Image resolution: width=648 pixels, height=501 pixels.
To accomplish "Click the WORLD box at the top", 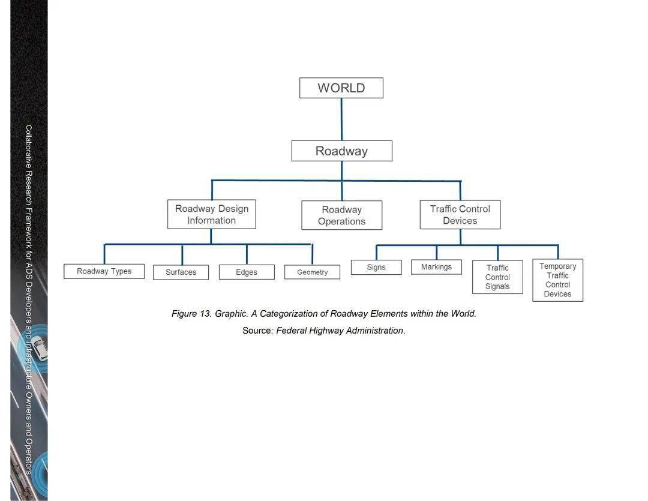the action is (x=341, y=88).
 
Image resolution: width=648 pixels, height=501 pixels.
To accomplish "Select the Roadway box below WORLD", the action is (x=342, y=151).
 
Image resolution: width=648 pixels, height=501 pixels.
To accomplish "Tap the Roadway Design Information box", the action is (x=212, y=214).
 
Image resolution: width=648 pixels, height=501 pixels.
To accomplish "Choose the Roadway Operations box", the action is (x=342, y=215).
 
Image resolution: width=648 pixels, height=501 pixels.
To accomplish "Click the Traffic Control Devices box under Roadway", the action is (x=460, y=215).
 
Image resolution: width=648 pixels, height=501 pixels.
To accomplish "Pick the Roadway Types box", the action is (x=104, y=271).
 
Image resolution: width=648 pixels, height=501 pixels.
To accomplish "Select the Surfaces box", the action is (x=181, y=272).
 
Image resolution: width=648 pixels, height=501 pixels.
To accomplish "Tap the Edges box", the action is (x=247, y=272).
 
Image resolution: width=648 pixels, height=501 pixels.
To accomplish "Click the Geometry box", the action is (x=313, y=272).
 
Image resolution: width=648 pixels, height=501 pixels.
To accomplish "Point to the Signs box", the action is (x=376, y=267).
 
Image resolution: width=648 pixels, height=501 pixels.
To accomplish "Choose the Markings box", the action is (x=436, y=266).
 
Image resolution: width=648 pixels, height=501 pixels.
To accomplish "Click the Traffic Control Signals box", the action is (x=497, y=277).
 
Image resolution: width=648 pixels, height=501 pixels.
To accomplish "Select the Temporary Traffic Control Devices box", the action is (x=558, y=280).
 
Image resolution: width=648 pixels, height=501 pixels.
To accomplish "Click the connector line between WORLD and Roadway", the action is (x=341, y=119).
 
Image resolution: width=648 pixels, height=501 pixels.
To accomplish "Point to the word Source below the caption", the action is (x=257, y=331).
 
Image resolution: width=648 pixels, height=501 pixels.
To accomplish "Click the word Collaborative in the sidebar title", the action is (x=29, y=146).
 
